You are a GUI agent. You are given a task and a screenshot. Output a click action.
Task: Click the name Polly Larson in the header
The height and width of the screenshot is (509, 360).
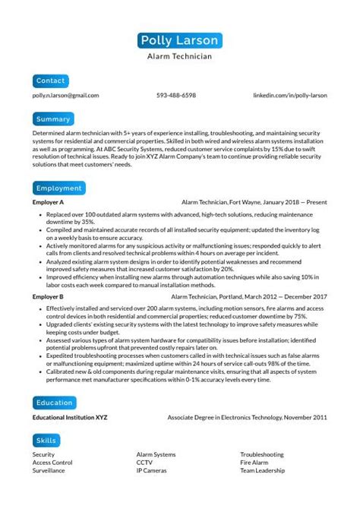(179, 40)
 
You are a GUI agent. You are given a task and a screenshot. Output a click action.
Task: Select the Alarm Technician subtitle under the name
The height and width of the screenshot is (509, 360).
(179, 56)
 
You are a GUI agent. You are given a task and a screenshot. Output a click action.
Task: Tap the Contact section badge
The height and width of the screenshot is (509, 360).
(51, 81)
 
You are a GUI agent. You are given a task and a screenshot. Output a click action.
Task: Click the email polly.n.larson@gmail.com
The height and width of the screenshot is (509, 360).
(65, 96)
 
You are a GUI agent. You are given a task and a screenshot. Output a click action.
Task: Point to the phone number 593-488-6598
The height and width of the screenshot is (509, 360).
(176, 96)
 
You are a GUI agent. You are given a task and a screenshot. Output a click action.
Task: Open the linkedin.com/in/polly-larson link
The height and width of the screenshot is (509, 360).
(289, 96)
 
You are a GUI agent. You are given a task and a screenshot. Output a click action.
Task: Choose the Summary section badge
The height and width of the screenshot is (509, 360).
(53, 119)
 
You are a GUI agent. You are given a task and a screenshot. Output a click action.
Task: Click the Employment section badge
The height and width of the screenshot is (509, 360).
(58, 188)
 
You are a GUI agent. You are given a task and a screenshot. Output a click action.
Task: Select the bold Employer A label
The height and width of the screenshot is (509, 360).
(48, 203)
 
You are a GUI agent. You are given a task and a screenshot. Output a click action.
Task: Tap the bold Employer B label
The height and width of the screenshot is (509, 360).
(48, 296)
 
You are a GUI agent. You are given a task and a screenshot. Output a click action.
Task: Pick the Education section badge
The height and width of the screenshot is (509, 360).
(54, 403)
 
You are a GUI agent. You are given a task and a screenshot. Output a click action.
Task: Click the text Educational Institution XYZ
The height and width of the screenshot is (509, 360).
(70, 418)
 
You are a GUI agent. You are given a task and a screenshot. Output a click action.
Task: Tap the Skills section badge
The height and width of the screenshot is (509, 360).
(46, 441)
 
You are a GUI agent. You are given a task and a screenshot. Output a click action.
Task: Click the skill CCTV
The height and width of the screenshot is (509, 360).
(144, 463)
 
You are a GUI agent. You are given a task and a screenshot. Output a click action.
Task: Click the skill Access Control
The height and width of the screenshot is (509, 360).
(52, 463)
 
